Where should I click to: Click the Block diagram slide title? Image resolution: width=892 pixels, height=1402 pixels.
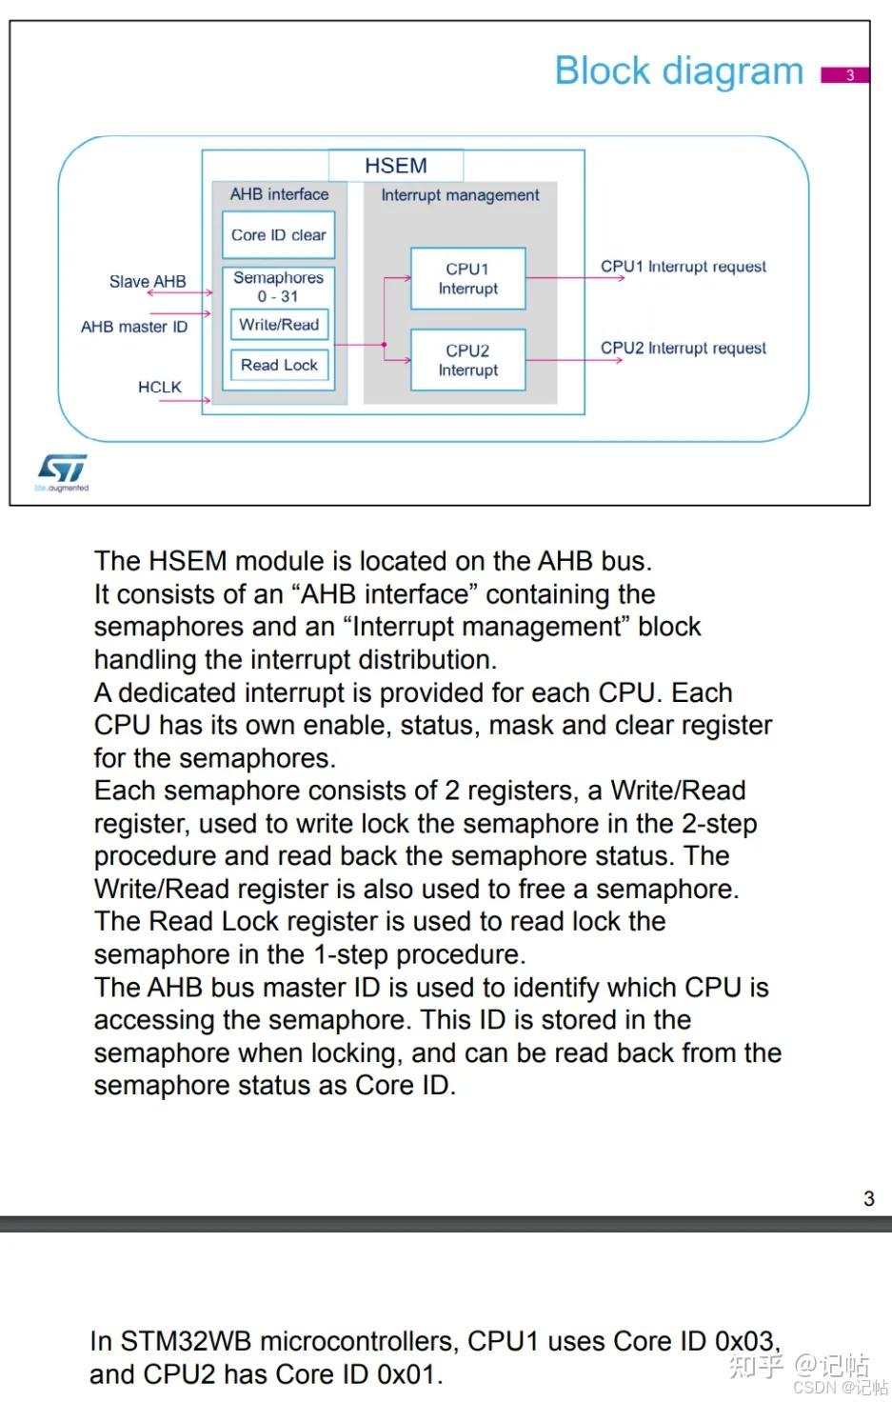[679, 71]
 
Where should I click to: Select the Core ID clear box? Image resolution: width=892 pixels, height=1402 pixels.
[278, 235]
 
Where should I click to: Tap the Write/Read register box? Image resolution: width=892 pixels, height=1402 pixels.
[279, 325]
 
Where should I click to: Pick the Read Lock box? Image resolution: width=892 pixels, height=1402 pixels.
[279, 365]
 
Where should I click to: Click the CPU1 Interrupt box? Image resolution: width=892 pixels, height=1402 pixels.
[467, 279]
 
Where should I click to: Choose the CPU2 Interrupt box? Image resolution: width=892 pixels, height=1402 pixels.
[467, 360]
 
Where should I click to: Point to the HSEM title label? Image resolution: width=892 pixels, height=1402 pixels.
[396, 166]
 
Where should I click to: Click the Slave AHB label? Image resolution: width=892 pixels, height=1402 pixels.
[148, 282]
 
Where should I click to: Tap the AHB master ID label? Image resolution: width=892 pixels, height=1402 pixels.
[134, 327]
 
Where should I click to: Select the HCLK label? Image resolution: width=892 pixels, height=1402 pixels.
[159, 387]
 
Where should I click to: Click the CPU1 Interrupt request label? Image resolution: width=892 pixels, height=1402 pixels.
[683, 267]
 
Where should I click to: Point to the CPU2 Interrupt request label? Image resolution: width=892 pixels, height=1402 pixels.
[683, 349]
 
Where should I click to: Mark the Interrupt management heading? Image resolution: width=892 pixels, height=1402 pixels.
[460, 195]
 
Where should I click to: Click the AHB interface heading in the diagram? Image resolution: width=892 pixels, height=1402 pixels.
[279, 194]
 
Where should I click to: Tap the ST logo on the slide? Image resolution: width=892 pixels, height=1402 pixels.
[62, 469]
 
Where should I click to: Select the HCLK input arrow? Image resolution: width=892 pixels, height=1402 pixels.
[185, 401]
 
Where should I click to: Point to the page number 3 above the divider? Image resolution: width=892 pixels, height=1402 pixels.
[868, 1199]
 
